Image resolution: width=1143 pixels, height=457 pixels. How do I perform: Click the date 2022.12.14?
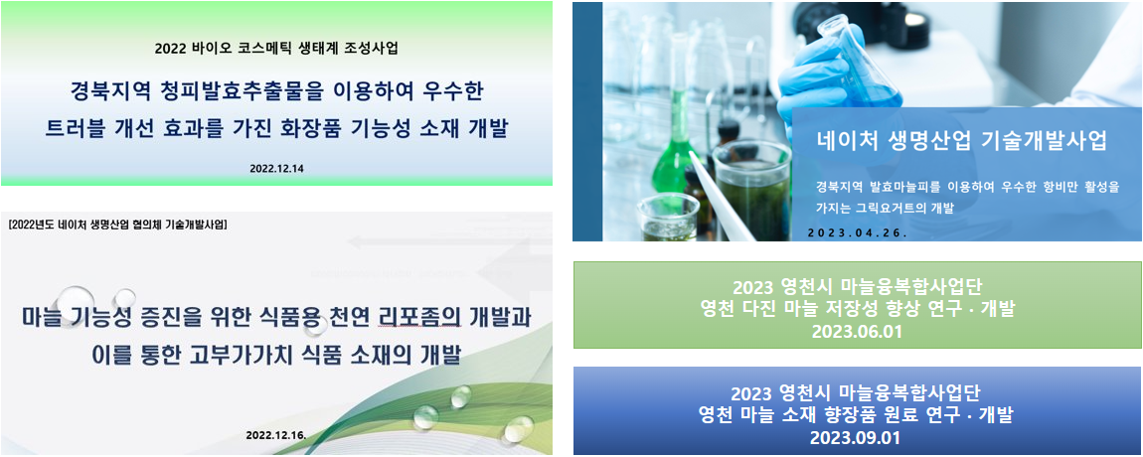pyautogui.click(x=276, y=168)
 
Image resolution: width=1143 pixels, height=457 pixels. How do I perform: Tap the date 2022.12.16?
pyautogui.click(x=275, y=435)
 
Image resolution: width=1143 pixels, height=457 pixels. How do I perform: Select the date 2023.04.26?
pyautogui.click(x=858, y=233)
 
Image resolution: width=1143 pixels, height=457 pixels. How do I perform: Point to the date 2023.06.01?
pyautogui.click(x=857, y=333)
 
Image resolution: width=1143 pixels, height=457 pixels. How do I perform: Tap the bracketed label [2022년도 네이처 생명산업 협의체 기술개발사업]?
pyautogui.click(x=117, y=225)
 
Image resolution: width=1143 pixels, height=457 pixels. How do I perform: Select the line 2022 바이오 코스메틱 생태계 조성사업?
pyautogui.click(x=276, y=50)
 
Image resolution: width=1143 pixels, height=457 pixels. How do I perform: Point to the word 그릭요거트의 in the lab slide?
pyautogui.click(x=902, y=209)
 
